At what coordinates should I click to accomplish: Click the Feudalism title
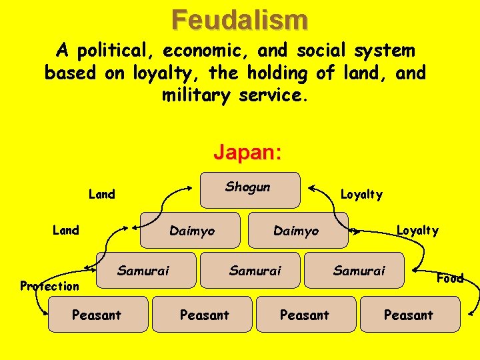[240, 19]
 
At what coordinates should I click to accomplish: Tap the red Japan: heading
[248, 153]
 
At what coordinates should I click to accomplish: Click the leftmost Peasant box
[97, 314]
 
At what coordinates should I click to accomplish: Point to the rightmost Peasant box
[409, 314]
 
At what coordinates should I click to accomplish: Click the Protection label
[49, 286]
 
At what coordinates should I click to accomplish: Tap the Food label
[450, 278]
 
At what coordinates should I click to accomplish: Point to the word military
[196, 95]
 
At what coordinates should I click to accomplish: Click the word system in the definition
[387, 50]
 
